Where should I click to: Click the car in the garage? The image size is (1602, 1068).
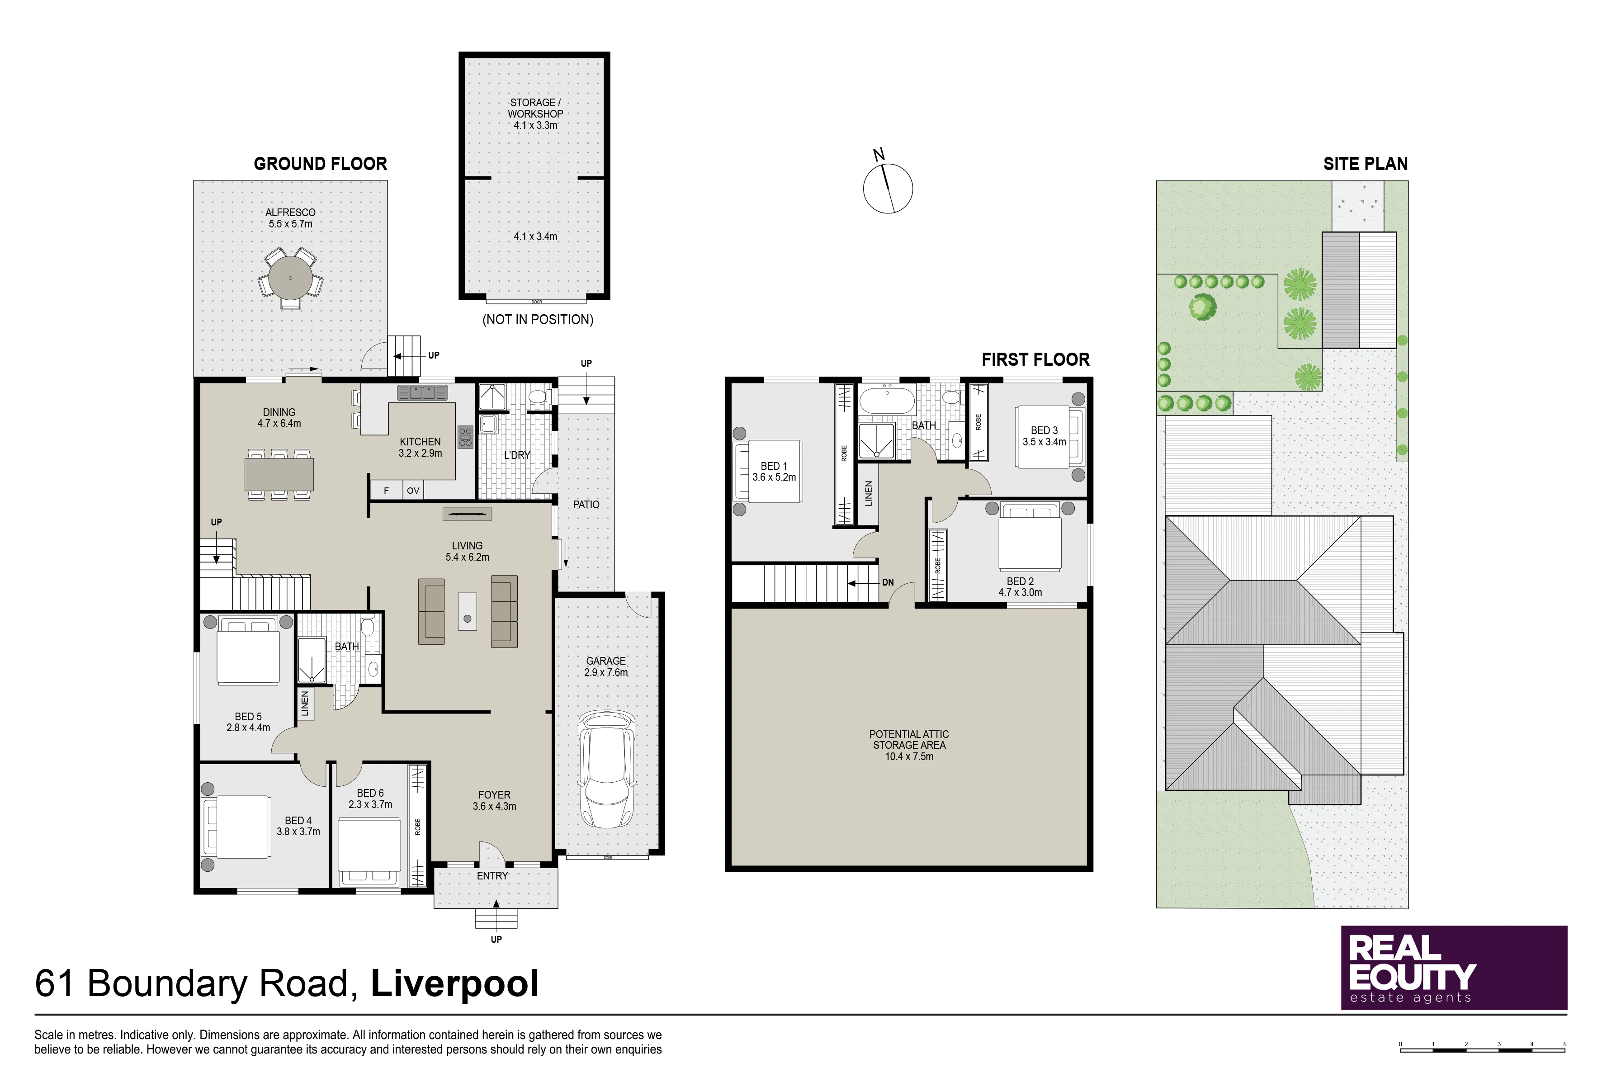pos(606,769)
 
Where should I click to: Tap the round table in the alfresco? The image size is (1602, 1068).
pos(290,278)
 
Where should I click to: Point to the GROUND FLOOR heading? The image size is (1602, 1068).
pos(320,164)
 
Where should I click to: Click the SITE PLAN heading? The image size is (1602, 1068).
pos(1365,164)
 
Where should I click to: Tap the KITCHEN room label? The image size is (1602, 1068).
pos(420,441)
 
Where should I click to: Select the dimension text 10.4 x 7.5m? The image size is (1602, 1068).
pos(909,756)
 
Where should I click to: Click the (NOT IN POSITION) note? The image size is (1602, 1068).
pos(538,319)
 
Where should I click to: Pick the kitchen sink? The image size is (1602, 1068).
pos(422,393)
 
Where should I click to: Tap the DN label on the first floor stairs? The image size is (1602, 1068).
pos(888,582)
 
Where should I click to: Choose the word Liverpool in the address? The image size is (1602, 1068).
pos(454,983)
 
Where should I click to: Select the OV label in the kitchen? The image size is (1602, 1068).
pos(413,491)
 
